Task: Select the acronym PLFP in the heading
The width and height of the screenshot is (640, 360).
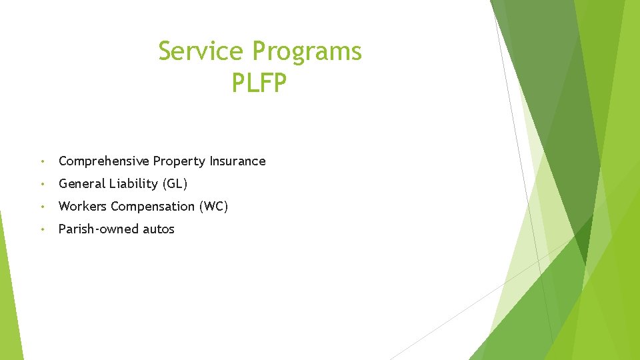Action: pyautogui.click(x=259, y=83)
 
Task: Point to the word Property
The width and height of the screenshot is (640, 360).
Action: pyautogui.click(x=179, y=161)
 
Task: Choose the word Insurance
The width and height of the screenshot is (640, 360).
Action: pyautogui.click(x=237, y=161)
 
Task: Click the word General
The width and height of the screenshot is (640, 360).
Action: pyautogui.click(x=81, y=183)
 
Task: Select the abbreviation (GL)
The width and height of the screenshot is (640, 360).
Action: pyautogui.click(x=175, y=184)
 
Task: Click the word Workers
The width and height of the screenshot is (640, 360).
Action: pyautogui.click(x=83, y=206)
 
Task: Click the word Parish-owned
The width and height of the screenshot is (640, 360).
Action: pyautogui.click(x=98, y=229)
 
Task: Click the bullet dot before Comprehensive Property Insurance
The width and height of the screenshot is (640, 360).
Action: pyautogui.click(x=42, y=161)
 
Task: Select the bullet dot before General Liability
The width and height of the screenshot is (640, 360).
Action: pyautogui.click(x=42, y=184)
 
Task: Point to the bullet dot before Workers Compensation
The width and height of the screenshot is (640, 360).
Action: pyautogui.click(x=42, y=207)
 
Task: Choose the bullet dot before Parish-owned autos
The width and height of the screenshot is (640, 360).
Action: pyautogui.click(x=42, y=229)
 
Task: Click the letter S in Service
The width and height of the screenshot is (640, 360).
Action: pyautogui.click(x=165, y=51)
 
